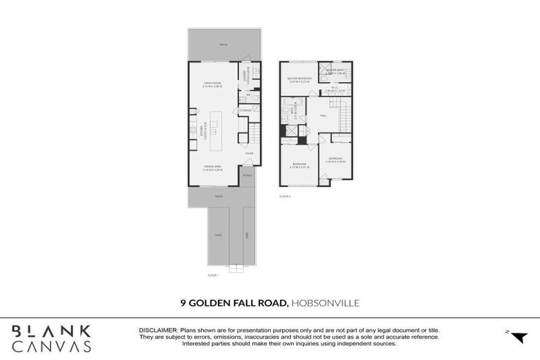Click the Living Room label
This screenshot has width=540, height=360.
(212, 84)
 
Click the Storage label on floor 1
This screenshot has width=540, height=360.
(245, 110)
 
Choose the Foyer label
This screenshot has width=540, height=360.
(248, 153)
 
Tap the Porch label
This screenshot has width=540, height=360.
(247, 175)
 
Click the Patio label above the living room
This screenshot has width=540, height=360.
(224, 44)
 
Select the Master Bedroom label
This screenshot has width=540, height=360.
(300, 79)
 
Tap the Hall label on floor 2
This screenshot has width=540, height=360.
(323, 115)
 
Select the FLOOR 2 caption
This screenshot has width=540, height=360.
(285, 196)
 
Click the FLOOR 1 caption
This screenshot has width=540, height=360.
(214, 275)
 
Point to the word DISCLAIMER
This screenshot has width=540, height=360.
(159, 328)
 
